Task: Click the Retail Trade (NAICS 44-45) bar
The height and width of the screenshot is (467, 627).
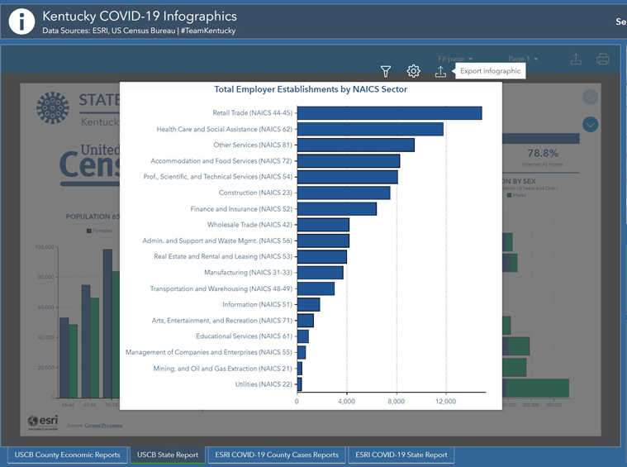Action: pos(389,113)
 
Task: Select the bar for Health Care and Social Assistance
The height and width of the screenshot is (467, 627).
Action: pos(370,129)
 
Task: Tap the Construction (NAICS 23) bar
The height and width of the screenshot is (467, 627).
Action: pos(344,193)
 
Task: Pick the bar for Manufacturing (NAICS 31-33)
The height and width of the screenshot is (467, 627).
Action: pos(320,273)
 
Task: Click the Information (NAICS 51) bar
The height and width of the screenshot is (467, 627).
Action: pos(308,304)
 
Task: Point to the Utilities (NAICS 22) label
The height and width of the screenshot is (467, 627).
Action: pos(264,384)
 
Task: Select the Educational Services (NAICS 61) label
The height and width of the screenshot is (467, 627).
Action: pos(244,336)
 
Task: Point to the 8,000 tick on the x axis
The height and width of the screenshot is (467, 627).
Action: pos(396,401)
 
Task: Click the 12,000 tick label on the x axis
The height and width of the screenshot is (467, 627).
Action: pos(445,401)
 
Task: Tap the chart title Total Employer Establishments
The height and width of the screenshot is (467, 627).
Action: pos(310,89)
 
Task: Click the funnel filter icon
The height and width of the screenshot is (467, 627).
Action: pos(386,72)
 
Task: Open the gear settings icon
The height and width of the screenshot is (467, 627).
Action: pos(413,72)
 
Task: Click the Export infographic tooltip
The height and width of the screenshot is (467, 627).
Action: pos(491,71)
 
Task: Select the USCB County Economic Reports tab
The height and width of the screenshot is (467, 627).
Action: pos(68,455)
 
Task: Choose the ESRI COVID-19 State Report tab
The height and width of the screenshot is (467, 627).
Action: pos(401,455)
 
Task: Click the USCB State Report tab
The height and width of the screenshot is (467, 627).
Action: pos(168,455)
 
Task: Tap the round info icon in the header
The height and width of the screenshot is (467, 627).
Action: pos(21,21)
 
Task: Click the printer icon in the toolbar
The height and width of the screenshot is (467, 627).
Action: pos(603,59)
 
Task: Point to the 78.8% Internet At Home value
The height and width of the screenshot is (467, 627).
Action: pos(543,154)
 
